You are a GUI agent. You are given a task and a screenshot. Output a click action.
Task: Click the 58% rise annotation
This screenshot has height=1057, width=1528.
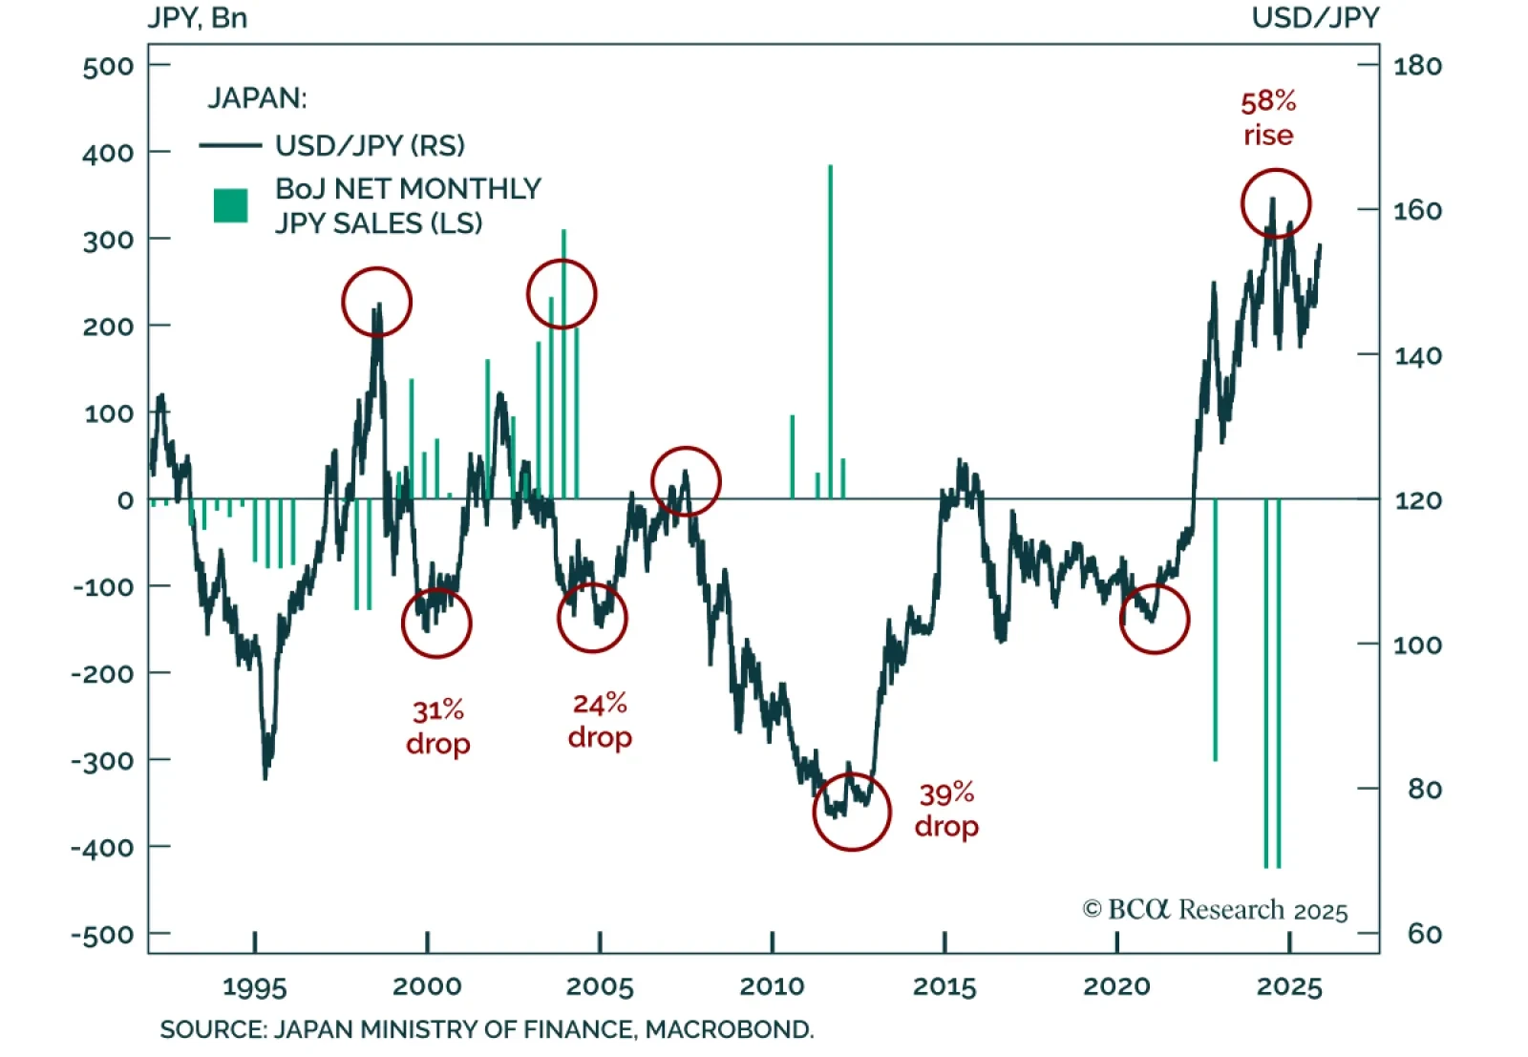point(1268,118)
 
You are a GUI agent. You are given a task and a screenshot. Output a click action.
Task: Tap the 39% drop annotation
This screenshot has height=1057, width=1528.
point(946,810)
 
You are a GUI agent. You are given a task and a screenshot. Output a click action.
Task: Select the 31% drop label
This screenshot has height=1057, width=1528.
point(438,727)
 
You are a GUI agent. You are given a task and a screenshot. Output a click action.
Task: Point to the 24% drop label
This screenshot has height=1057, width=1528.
point(600,721)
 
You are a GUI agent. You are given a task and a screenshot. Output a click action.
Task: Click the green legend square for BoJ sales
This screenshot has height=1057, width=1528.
point(230,205)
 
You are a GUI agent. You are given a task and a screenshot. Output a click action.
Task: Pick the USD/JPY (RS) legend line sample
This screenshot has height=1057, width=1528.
point(230,145)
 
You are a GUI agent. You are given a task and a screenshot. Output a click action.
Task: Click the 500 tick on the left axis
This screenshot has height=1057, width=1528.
point(108,66)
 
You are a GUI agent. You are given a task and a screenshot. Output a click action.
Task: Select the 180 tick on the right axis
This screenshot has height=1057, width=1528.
point(1417,66)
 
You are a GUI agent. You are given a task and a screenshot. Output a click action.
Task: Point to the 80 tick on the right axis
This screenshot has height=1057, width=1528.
point(1424,789)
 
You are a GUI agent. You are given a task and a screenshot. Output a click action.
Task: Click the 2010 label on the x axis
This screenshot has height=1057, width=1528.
point(772,986)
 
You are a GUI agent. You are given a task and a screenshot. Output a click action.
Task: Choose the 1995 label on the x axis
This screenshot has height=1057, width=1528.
point(255,986)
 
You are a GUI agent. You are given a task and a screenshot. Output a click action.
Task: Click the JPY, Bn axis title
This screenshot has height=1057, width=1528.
point(197,18)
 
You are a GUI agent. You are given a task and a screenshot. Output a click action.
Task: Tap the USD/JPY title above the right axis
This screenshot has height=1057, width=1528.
point(1315,18)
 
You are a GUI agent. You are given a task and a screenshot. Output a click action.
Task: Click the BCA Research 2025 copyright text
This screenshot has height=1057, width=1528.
point(1215,910)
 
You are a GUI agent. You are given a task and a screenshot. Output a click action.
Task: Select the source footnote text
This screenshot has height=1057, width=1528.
point(487,1029)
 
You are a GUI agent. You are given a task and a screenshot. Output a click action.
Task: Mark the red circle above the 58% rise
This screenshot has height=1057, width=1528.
point(1276,203)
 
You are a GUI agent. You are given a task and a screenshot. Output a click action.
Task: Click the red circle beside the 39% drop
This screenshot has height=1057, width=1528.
point(852,812)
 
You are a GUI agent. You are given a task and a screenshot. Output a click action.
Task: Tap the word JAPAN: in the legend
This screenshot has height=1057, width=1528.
point(257,98)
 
